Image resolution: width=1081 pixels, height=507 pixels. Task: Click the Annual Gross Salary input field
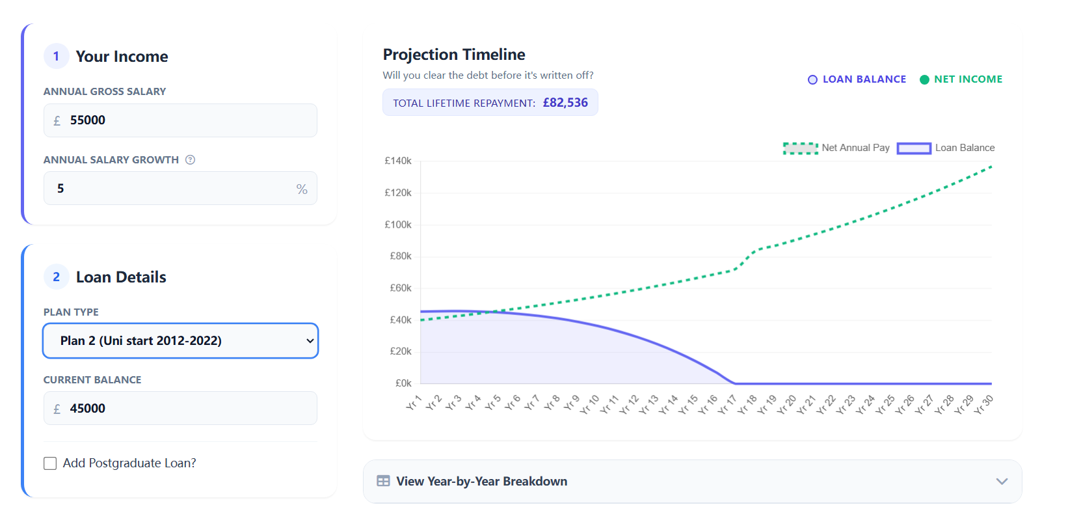coord(180,120)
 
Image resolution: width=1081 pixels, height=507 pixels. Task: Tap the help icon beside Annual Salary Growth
coord(190,160)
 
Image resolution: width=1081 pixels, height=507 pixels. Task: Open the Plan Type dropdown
coord(180,340)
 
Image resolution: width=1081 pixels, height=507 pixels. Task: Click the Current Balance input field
coord(180,408)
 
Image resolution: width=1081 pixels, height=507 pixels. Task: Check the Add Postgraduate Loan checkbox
coord(50,463)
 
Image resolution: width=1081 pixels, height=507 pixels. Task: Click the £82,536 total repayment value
coord(565,103)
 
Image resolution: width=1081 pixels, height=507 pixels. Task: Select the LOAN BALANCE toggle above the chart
coord(857,79)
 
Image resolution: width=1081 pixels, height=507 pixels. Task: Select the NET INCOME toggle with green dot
coord(961,79)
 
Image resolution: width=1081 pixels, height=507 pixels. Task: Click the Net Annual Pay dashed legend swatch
coord(800,148)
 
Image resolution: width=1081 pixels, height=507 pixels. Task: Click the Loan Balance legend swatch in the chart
coord(914,148)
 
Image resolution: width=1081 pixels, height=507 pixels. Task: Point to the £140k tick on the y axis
coord(398,161)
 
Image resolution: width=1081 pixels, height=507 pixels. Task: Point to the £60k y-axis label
coord(401,288)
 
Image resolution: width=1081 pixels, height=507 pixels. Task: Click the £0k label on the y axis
coord(403,383)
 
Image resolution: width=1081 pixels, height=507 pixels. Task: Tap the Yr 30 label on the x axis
coord(984,404)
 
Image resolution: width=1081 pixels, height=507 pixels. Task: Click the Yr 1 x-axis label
coord(414,403)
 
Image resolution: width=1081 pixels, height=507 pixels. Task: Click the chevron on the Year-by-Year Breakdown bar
coord(1002,482)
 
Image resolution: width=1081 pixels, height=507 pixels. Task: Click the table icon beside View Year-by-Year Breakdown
coord(384,481)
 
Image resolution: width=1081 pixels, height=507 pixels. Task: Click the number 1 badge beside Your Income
coord(56,57)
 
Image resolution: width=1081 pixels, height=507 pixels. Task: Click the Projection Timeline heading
coord(454,55)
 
